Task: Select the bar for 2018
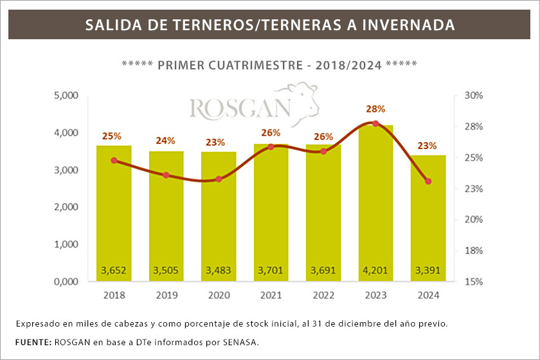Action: click(x=114, y=212)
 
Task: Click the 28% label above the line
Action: click(x=375, y=109)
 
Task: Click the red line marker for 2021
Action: click(x=271, y=147)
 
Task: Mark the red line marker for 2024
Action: click(x=428, y=181)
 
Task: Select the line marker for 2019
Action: click(x=166, y=175)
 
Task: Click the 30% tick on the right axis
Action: click(x=473, y=96)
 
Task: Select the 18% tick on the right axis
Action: click(x=473, y=251)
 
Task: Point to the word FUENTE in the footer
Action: click(x=32, y=341)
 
